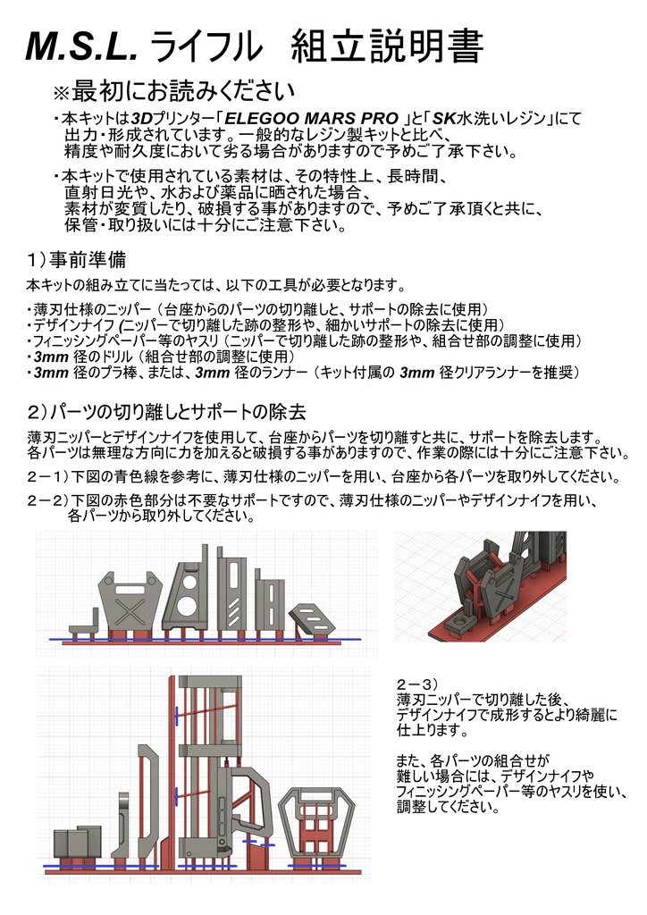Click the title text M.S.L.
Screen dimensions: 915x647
[x=82, y=47]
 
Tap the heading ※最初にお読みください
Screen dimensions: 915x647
[x=174, y=90]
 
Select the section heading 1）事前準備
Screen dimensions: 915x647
[x=76, y=260]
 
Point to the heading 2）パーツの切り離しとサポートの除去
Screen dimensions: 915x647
[x=166, y=412]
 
